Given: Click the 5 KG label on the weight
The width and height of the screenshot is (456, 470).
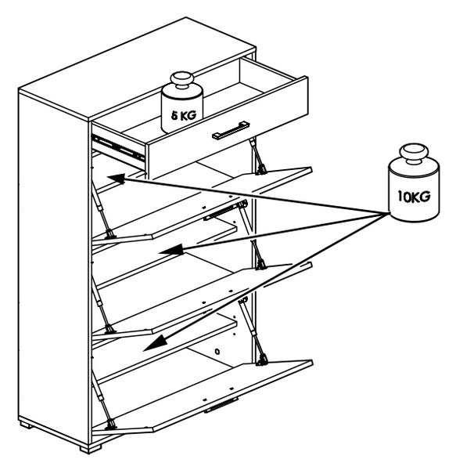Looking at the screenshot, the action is tap(184, 115).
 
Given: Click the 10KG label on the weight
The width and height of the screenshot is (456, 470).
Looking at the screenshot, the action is tap(414, 197).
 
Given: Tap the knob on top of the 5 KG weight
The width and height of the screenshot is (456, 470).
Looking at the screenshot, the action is tap(182, 80).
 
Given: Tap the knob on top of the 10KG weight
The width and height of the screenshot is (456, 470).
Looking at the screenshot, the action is tap(415, 154).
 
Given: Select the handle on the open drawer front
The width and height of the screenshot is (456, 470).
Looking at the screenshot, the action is tap(231, 130).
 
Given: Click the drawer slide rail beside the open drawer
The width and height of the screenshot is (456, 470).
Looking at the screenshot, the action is tap(118, 147).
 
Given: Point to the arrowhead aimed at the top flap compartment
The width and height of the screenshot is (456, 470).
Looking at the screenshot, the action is tap(117, 179).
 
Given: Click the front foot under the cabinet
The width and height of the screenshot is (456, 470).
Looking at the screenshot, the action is tap(91, 449).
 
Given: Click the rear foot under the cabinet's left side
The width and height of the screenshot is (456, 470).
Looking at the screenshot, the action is tap(25, 425).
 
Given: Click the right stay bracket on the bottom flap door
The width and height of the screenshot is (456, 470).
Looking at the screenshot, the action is tap(262, 360).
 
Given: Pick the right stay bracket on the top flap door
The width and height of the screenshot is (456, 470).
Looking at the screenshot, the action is tap(261, 170).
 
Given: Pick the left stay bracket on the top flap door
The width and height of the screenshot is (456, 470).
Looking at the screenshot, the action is tap(110, 233).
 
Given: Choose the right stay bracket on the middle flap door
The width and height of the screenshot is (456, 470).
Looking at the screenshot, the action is tap(261, 265).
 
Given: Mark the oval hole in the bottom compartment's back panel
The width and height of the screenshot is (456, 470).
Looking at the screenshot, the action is tap(217, 351).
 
